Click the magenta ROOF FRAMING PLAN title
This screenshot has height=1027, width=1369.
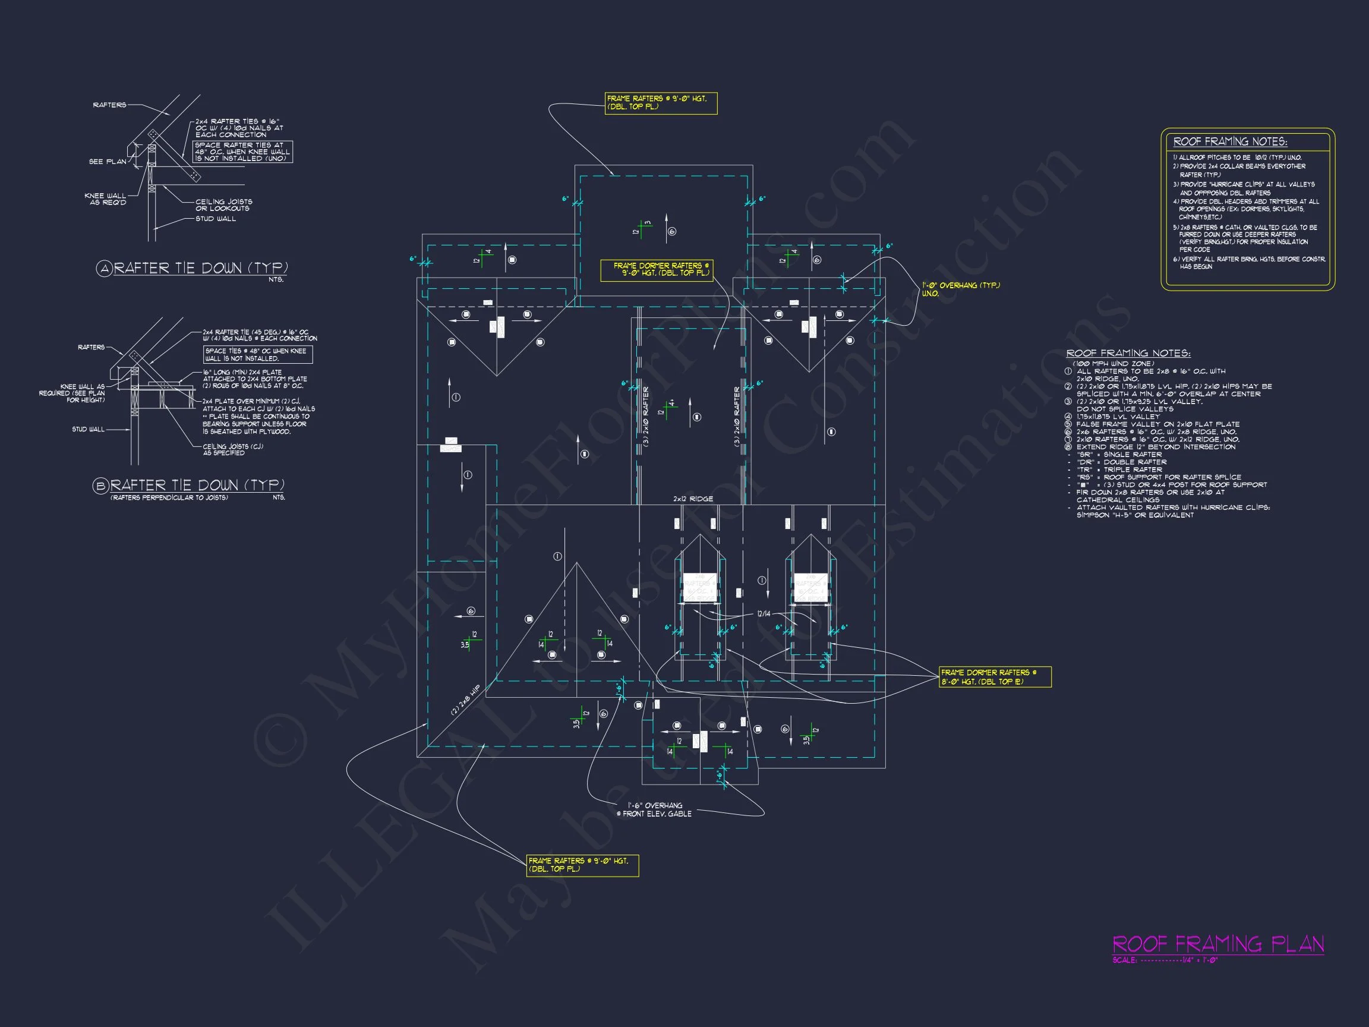(x=1218, y=944)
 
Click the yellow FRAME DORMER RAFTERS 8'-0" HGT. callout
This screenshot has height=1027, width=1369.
(x=995, y=676)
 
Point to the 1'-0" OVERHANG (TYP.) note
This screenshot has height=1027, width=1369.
(x=961, y=289)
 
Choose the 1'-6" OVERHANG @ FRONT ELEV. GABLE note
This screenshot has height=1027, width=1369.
(x=654, y=809)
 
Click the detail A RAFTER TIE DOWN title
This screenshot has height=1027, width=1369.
(x=200, y=268)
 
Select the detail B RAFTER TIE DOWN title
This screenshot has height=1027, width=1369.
(x=197, y=486)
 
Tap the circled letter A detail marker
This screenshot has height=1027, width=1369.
(x=103, y=268)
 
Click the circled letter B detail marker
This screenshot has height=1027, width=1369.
(x=101, y=486)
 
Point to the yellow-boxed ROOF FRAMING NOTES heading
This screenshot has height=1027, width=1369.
(x=1231, y=142)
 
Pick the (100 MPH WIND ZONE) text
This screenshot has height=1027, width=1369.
(x=1113, y=363)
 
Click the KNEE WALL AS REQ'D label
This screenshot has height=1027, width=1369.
(x=105, y=199)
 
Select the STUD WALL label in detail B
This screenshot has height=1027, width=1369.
(x=89, y=429)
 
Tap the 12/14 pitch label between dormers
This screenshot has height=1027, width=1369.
(x=764, y=614)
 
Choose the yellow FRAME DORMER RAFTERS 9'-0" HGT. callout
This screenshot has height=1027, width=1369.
(x=657, y=269)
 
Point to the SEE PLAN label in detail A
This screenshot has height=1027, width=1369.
(x=108, y=162)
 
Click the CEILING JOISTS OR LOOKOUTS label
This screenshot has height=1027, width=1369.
(x=223, y=205)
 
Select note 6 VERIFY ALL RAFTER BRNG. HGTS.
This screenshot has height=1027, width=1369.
(x=1249, y=263)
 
